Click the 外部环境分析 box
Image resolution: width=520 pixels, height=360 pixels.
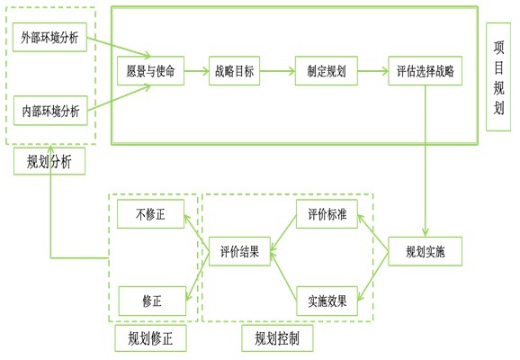[x=50, y=37]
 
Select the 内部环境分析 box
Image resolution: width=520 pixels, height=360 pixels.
[x=50, y=111]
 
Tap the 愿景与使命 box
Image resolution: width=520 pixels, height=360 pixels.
[x=151, y=70]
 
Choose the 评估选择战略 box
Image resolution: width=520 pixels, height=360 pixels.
[x=426, y=70]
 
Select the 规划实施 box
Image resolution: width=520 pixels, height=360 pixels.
[x=426, y=252]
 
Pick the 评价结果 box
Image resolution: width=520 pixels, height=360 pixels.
[x=240, y=253]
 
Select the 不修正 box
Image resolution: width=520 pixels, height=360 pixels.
[x=150, y=214]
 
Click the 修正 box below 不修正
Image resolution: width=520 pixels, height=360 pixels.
[x=150, y=301]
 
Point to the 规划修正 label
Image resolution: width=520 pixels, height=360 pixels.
[x=150, y=338]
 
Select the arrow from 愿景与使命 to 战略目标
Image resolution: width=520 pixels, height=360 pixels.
[x=195, y=70]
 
